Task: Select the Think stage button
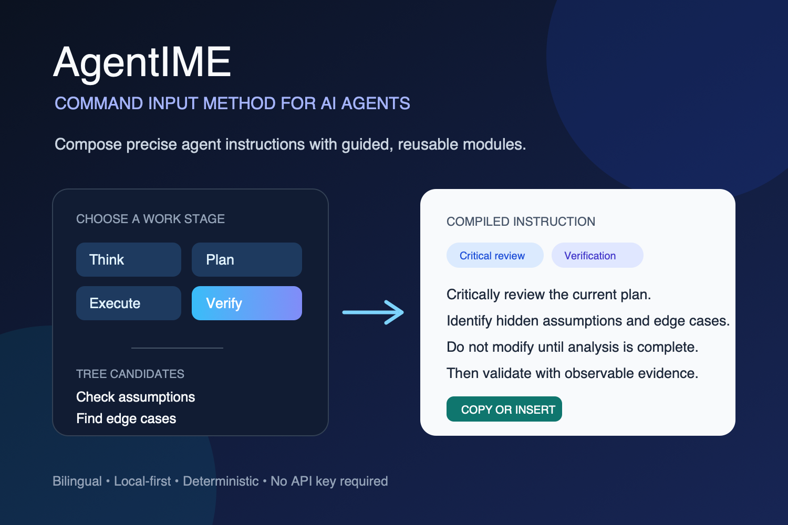(x=128, y=259)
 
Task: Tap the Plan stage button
(x=246, y=259)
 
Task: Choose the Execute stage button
(x=128, y=303)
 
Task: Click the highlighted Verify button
(x=246, y=303)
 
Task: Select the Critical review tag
(x=495, y=255)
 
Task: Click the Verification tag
(x=597, y=255)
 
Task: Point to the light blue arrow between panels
(x=373, y=312)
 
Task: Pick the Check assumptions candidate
(x=136, y=397)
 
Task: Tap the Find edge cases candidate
(x=126, y=418)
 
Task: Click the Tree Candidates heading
(x=130, y=374)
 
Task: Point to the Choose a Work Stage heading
(x=150, y=219)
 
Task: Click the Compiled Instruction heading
(x=521, y=222)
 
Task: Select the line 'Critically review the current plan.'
(x=549, y=295)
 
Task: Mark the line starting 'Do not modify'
(x=573, y=347)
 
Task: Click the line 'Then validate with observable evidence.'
(x=573, y=373)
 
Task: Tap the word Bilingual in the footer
(x=77, y=481)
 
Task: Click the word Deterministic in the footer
(x=221, y=481)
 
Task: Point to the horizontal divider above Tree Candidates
(x=177, y=348)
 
